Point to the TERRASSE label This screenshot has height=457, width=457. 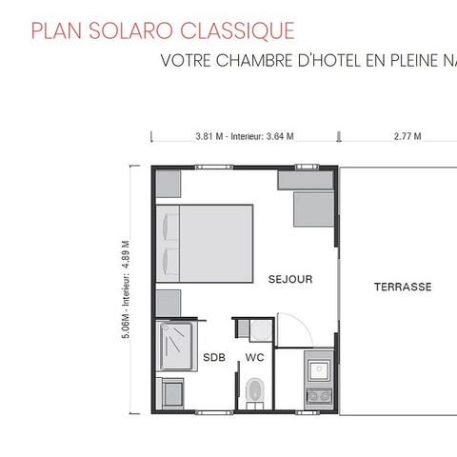pos(402,287)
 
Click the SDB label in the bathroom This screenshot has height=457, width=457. pos(214,357)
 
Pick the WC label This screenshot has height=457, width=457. pos(254,357)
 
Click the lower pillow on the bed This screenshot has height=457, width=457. pos(167,260)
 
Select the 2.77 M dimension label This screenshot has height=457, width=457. pos(407,137)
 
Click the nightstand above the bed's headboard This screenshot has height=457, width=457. pos(168,183)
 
